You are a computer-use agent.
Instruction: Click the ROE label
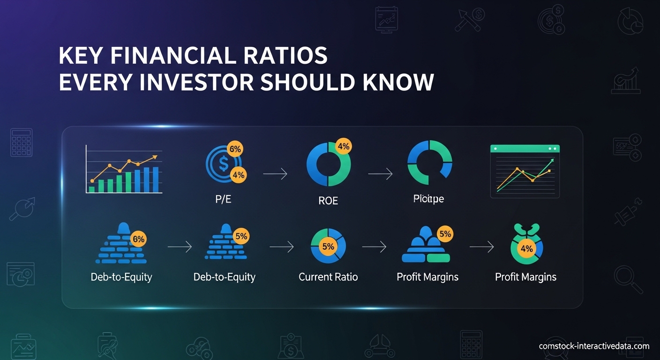tap(328, 201)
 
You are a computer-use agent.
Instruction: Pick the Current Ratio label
tap(328, 277)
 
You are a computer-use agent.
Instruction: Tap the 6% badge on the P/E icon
tap(235, 149)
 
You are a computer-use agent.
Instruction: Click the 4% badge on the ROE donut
tap(343, 146)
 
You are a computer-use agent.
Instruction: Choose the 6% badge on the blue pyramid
tap(139, 239)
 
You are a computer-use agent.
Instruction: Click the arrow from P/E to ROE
tap(275, 174)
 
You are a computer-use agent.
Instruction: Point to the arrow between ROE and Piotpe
tap(380, 174)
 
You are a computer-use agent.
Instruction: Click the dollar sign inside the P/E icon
tap(223, 164)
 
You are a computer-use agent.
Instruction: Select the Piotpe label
tap(428, 199)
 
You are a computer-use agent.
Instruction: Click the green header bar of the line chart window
tap(525, 148)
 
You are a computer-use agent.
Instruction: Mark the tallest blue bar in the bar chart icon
tap(155, 180)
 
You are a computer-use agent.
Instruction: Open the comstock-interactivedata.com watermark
tap(594, 346)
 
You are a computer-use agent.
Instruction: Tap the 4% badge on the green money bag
tap(526, 248)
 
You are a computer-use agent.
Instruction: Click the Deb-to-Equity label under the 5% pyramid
tap(224, 277)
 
